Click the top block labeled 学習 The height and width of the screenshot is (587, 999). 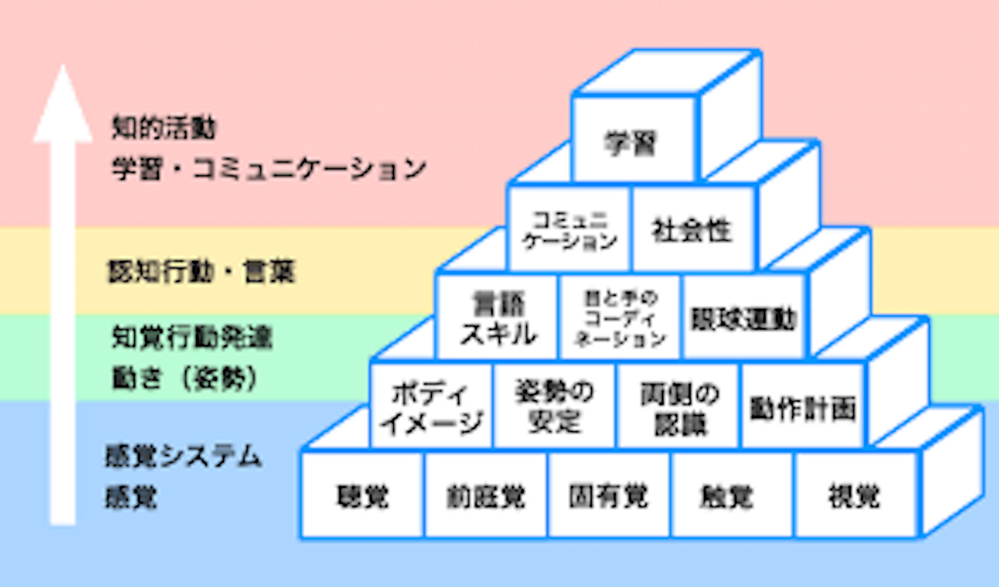pyautogui.click(x=633, y=139)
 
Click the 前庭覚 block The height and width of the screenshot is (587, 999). pyautogui.click(x=486, y=496)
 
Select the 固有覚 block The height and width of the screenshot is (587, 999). pyautogui.click(x=609, y=496)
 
